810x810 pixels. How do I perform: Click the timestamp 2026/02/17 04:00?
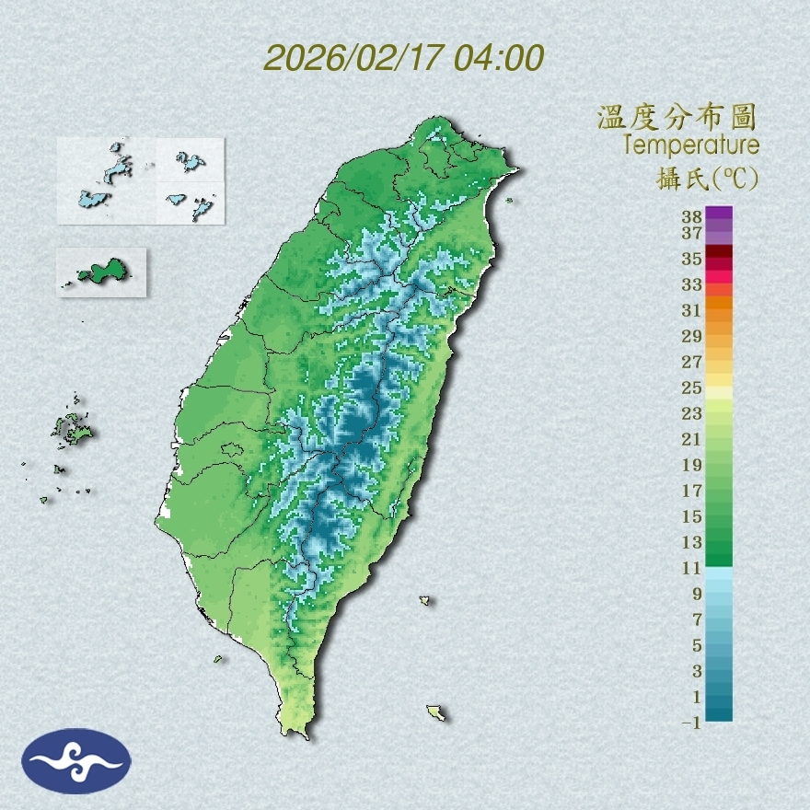click(x=403, y=57)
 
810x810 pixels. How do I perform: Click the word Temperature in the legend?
click(x=690, y=145)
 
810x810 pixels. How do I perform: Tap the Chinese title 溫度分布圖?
click(x=677, y=117)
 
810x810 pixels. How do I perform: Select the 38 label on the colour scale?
click(x=691, y=216)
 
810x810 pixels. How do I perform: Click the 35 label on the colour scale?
click(x=691, y=259)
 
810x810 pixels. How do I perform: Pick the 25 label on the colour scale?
click(x=691, y=388)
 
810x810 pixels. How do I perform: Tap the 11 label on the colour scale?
click(x=691, y=568)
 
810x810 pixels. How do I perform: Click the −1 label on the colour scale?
click(x=691, y=723)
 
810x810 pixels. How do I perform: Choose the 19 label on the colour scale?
click(x=691, y=465)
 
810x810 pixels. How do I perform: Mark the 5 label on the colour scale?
click(x=697, y=645)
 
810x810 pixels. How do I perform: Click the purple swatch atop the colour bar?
click(x=719, y=214)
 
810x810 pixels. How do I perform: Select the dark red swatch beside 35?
click(x=719, y=252)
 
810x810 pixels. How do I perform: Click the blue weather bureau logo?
click(x=76, y=761)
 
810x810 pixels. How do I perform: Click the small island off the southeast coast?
click(x=436, y=712)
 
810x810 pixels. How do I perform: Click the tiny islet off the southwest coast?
click(x=218, y=658)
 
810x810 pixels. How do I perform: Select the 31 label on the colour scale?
click(x=691, y=310)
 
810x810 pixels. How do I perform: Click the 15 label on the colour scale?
click(x=691, y=516)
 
